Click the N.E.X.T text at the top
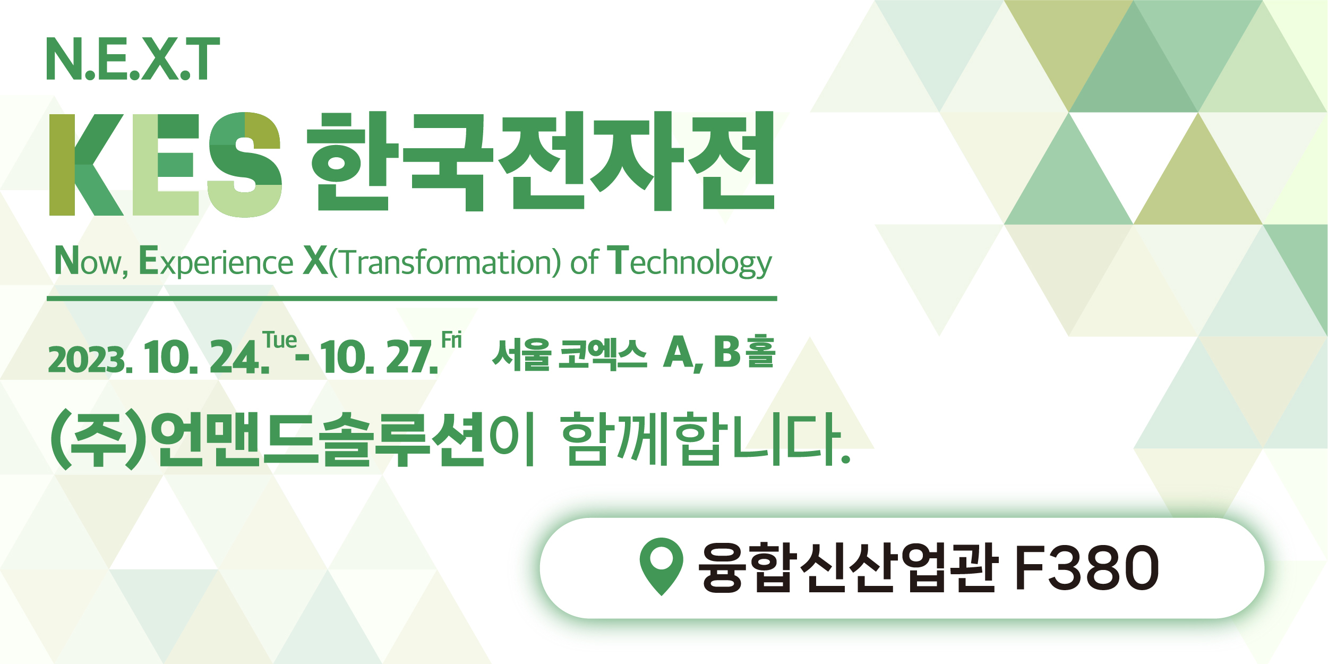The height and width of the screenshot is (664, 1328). [x=133, y=58]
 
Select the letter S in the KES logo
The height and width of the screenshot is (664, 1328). [x=245, y=165]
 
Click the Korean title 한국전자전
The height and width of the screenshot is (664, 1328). [x=541, y=161]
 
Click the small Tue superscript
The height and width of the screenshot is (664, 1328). [x=280, y=340]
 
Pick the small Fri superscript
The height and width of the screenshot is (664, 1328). [x=452, y=340]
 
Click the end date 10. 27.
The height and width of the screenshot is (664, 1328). [x=379, y=357]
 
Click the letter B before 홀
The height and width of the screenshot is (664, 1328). [x=726, y=352]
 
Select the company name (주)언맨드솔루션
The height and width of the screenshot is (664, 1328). [x=267, y=440]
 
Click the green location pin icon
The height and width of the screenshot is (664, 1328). [x=661, y=566]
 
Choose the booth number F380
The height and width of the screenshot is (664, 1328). [x=1086, y=568]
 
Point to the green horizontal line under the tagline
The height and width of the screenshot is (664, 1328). [x=412, y=299]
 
